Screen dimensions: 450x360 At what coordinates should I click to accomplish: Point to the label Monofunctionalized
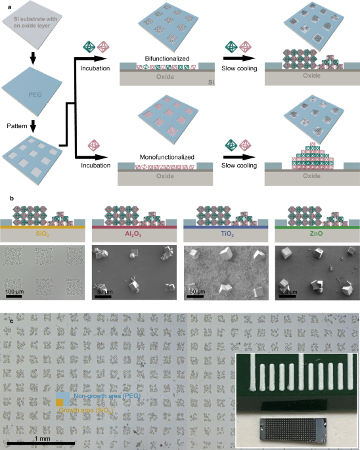point(162,156)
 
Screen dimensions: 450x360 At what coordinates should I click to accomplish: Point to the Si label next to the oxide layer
point(212,82)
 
